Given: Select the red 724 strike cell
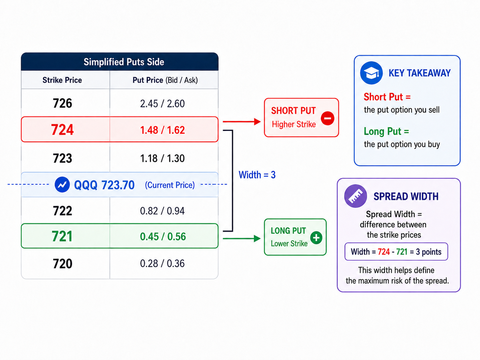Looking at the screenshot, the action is coord(62,130).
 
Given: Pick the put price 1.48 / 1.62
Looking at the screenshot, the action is coord(162,130).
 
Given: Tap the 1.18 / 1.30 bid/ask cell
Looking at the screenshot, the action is coord(162,158).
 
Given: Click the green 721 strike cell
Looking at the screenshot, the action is coord(62,236).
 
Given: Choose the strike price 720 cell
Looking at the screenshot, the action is coord(62,264).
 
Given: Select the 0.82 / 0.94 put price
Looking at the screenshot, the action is coord(162,211).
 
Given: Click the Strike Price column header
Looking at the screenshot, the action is coord(62,80).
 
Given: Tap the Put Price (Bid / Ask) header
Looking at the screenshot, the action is coord(165,80).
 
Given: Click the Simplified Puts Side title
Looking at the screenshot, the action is coord(124,62).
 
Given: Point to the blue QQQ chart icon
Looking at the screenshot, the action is coord(62,185).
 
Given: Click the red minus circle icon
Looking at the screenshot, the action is coord(328,118).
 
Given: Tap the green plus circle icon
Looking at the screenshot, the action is coord(316,238).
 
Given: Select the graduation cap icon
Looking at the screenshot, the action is coord(371,73).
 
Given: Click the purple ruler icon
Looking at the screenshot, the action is coord(355,196).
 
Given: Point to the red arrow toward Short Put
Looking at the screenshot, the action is coord(241,121).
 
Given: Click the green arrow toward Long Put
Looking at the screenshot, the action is coord(241,238).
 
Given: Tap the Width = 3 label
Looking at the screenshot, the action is coord(257,175).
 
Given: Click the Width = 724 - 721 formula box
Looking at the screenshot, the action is coord(396,252).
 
